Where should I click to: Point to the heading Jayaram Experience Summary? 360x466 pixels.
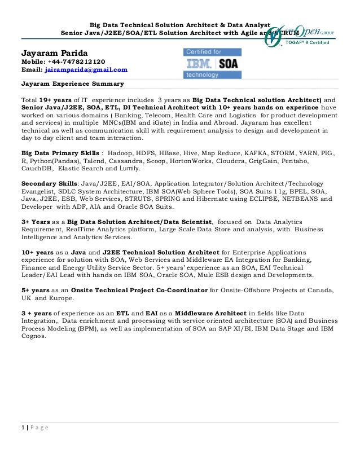(72, 85)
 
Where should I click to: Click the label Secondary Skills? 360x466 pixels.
(49, 184)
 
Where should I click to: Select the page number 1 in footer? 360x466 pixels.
(23, 428)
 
